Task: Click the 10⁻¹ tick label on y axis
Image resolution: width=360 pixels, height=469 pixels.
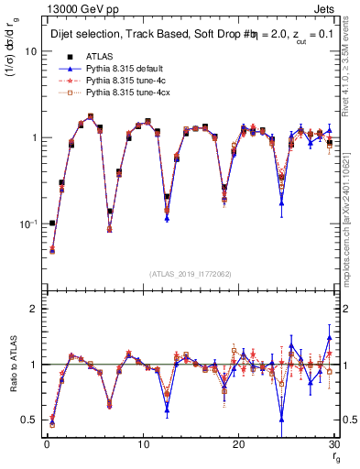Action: (27, 224)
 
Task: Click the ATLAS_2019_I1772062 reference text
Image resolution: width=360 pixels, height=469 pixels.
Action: (190, 274)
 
